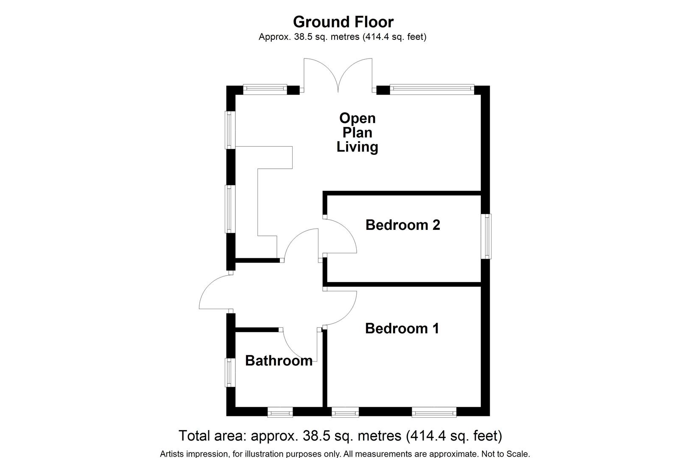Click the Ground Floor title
(x=343, y=22)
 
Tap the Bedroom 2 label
(x=402, y=225)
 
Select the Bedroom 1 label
(x=402, y=328)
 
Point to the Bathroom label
(x=279, y=360)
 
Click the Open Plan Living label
(x=357, y=132)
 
